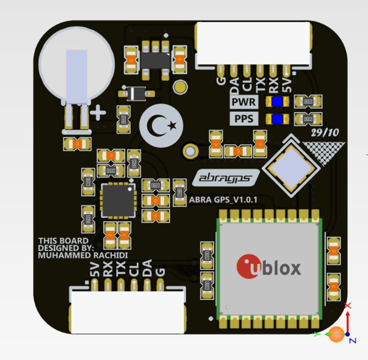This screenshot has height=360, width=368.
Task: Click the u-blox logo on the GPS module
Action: tap(269, 267)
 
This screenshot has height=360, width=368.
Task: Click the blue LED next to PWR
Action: tap(277, 102)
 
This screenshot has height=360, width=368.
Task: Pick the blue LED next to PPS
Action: tap(277, 119)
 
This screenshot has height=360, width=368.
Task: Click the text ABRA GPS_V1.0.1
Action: tap(223, 199)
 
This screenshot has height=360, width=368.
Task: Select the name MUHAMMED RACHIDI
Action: tap(83, 255)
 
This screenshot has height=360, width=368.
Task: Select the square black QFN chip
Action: tap(117, 201)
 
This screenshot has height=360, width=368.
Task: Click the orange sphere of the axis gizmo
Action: tap(336, 334)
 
